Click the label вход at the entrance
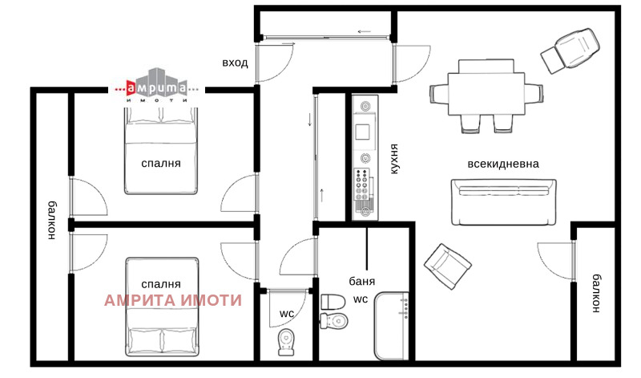click(235, 63)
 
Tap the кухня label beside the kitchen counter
click(393, 159)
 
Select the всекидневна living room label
click(503, 164)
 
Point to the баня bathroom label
click(362, 281)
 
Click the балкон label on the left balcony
click(52, 220)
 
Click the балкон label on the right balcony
click(596, 293)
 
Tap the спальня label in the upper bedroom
click(161, 164)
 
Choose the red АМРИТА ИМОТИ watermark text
click(173, 300)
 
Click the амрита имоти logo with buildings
click(156, 86)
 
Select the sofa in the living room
click(504, 202)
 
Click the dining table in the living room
click(486, 94)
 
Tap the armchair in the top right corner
click(570, 51)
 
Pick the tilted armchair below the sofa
click(448, 266)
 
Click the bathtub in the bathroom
click(392, 326)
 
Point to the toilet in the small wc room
click(286, 342)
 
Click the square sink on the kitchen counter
click(363, 132)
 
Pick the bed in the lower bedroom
click(163, 307)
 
